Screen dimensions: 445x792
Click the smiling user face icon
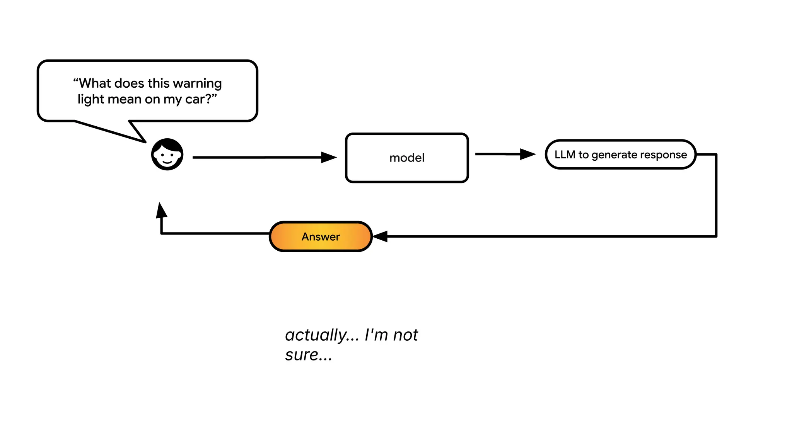(167, 155)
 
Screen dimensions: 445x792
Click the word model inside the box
(407, 158)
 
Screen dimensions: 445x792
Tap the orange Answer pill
(321, 236)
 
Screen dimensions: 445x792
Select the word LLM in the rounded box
(565, 155)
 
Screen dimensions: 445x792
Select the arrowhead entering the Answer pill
(380, 236)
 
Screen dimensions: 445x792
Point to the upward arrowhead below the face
(161, 211)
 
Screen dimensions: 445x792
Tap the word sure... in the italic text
(308, 355)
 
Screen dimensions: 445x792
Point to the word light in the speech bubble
(90, 99)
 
